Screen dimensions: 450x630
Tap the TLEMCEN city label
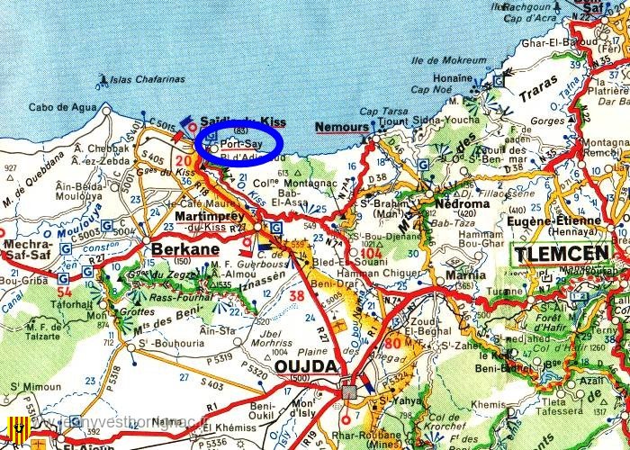(561, 255)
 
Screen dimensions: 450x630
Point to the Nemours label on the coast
(342, 129)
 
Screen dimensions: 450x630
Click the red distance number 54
(63, 292)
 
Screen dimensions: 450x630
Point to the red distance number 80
(392, 344)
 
